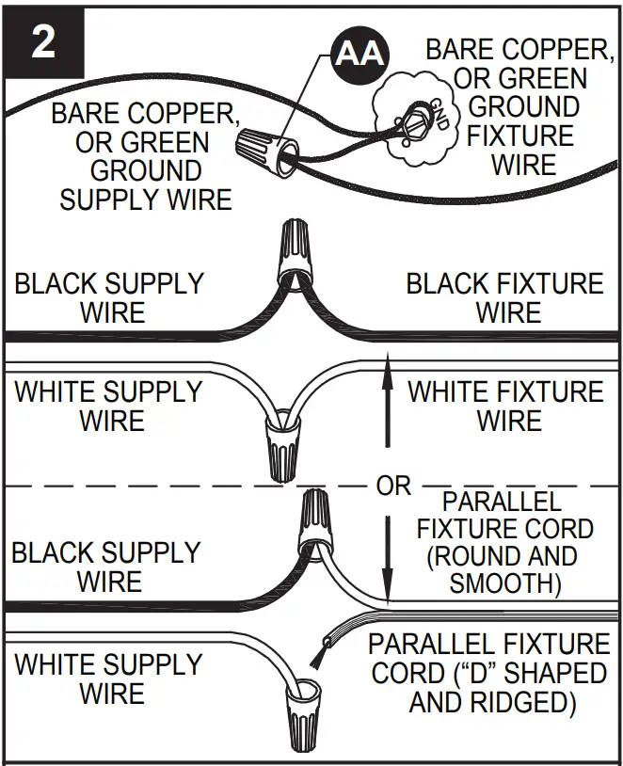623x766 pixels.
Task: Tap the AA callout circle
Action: [x=359, y=53]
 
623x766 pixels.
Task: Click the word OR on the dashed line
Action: [x=393, y=486]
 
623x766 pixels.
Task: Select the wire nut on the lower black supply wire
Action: [x=313, y=522]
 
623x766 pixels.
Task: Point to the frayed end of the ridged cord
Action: [x=323, y=648]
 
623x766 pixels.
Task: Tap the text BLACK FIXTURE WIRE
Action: [x=505, y=297]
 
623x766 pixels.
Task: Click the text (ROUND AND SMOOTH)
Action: [x=505, y=568]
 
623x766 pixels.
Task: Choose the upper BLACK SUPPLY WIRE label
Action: [x=109, y=297]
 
